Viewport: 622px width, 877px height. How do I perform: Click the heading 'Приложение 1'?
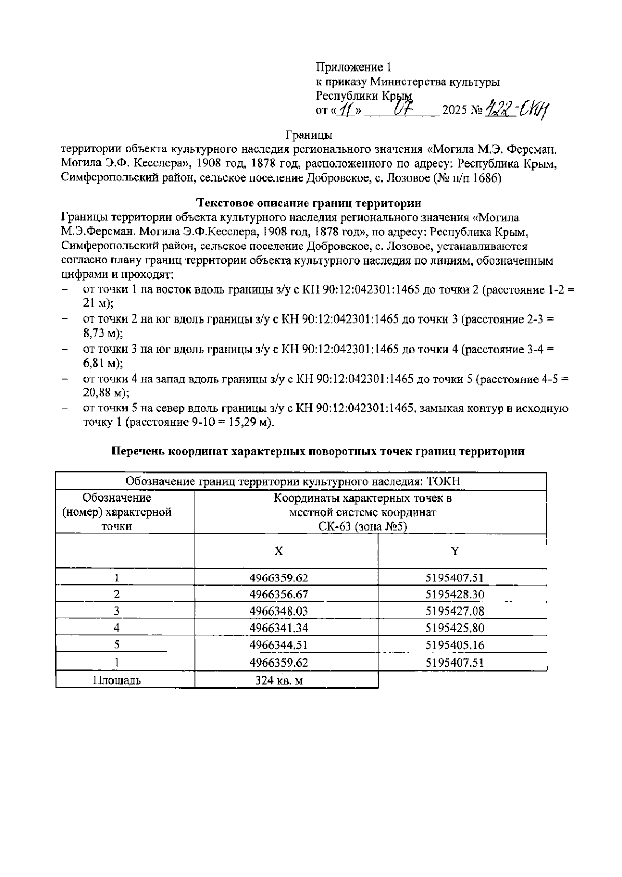point(354,67)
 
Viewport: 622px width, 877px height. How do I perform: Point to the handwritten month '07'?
point(402,109)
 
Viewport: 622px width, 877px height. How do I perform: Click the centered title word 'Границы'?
point(309,135)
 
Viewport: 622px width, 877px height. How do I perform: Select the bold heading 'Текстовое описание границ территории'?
point(309,203)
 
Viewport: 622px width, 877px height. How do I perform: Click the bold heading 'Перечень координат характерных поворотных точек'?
point(318,451)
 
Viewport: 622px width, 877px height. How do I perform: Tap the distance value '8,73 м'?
point(102,333)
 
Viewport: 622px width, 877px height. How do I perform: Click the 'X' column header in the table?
point(279,551)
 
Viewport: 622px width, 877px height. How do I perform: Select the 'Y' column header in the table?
point(455,551)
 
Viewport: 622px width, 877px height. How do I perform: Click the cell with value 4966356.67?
point(279,594)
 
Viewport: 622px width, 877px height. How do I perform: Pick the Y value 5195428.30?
point(455,594)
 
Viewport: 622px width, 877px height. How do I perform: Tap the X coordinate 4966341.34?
point(279,629)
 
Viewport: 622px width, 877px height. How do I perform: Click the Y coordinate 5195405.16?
point(455,646)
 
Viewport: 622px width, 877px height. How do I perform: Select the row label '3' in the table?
point(117,611)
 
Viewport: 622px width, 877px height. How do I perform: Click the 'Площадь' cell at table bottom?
point(117,680)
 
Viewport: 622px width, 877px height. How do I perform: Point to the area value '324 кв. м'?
point(279,680)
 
